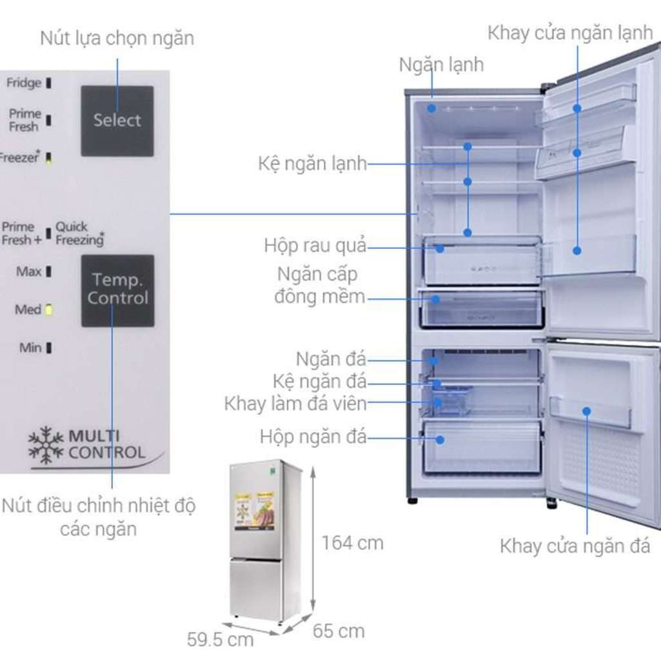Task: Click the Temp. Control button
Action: coord(117,290)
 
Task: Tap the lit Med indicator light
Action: coord(48,310)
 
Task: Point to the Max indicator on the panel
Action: coord(48,271)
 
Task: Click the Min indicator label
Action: coord(30,348)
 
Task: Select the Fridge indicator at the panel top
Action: coord(24,83)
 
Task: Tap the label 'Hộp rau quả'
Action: coord(315,246)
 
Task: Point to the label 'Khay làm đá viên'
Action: coord(295,404)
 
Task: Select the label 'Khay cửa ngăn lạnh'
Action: coord(570,33)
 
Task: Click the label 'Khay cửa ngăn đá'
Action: coord(575,547)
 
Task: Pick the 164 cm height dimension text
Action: coord(352,543)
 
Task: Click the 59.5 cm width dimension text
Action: coord(220,640)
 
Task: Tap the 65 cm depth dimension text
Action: coord(339,630)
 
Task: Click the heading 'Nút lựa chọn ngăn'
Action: coord(117,38)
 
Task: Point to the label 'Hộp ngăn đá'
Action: coord(313,437)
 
